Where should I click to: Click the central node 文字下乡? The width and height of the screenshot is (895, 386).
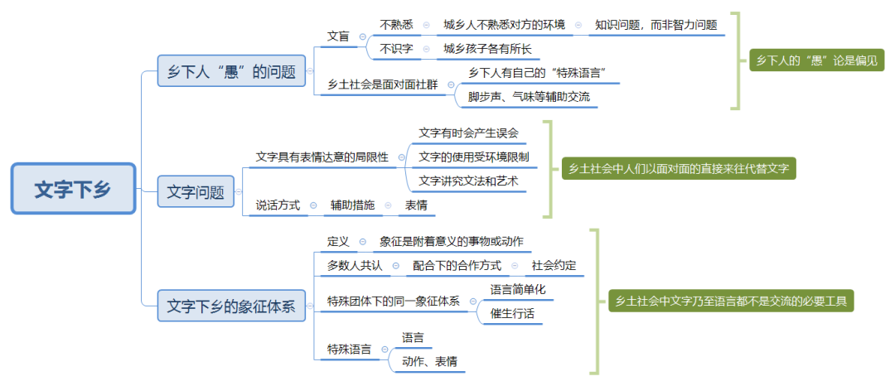click(73, 189)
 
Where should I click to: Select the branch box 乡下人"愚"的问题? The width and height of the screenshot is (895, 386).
click(231, 72)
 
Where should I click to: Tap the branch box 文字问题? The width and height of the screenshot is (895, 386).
click(196, 192)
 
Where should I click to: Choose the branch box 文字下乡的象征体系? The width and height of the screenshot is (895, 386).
click(231, 306)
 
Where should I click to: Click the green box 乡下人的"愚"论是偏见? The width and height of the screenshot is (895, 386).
click(816, 60)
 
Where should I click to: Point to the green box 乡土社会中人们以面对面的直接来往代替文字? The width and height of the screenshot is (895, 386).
click(679, 168)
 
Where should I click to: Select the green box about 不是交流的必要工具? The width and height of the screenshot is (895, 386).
click(730, 301)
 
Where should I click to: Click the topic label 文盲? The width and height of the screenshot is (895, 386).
click(338, 36)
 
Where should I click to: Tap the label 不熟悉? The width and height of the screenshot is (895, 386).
click(396, 25)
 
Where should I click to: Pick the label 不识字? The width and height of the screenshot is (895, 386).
click(396, 49)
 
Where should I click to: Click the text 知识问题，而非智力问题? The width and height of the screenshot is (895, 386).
click(656, 25)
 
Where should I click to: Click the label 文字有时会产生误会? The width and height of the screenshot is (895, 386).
click(467, 133)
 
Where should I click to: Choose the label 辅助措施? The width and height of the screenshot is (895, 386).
click(352, 205)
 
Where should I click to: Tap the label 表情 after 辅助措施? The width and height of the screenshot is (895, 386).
click(416, 205)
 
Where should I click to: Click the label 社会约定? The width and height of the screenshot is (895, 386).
click(554, 266)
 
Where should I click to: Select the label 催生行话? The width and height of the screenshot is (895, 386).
click(512, 313)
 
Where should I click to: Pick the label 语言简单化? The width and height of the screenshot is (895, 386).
click(517, 290)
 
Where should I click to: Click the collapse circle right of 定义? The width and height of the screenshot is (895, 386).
click(363, 241)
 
